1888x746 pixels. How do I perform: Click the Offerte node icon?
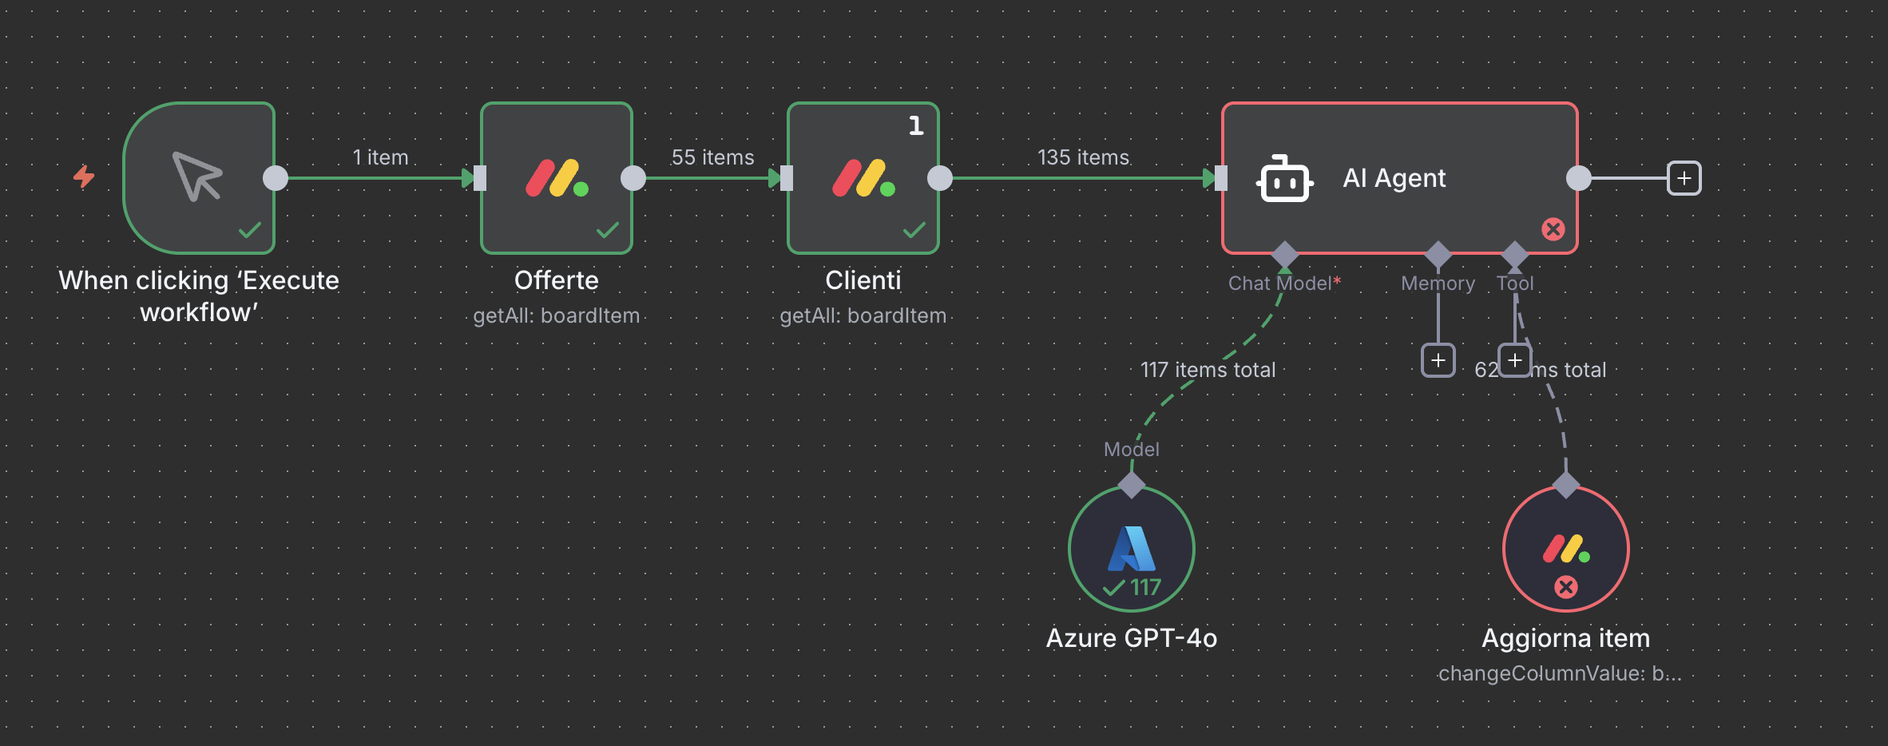(557, 178)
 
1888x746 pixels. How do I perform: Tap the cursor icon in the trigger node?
(197, 177)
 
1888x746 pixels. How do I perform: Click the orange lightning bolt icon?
(84, 177)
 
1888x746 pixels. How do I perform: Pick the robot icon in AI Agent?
(1284, 178)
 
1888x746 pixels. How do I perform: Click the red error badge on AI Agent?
(1553, 230)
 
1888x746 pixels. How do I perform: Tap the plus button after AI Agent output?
(1684, 178)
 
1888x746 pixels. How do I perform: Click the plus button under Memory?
(1438, 360)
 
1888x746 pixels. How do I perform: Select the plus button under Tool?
(1514, 360)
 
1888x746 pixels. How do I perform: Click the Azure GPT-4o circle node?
(1131, 548)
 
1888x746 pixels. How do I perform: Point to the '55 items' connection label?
(712, 157)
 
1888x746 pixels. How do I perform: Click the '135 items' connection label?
(1083, 157)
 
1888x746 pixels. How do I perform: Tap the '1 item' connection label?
(380, 157)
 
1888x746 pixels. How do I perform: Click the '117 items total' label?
(1208, 370)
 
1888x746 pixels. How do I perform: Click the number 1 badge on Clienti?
(916, 125)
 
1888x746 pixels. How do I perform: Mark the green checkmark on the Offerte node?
(608, 230)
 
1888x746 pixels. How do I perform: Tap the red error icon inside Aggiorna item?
(1565, 587)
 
